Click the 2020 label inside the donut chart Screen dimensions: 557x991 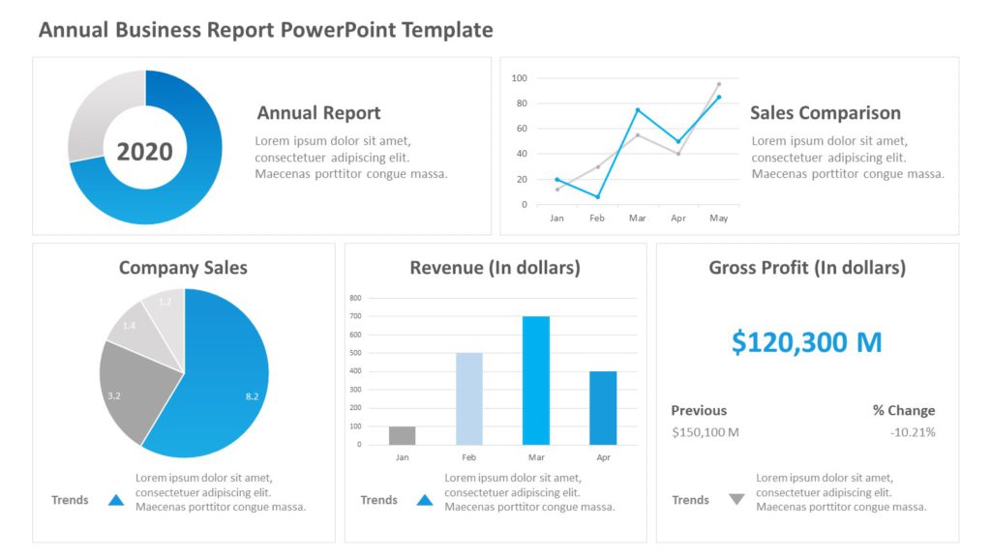(x=144, y=151)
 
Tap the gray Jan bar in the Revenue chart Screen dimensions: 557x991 (x=402, y=435)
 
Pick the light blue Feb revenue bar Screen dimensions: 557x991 (x=469, y=398)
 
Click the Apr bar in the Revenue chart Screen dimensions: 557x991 (x=602, y=407)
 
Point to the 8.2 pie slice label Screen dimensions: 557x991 (x=253, y=396)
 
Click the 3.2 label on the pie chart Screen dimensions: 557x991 (x=114, y=396)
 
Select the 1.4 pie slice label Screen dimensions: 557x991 (x=129, y=326)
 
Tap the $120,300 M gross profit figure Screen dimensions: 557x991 (x=806, y=342)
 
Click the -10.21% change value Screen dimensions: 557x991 (x=913, y=432)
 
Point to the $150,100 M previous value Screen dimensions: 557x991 (x=706, y=432)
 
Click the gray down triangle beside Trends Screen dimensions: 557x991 (x=736, y=500)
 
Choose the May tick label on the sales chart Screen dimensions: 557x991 (x=718, y=219)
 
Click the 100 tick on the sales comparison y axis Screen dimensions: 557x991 (x=519, y=78)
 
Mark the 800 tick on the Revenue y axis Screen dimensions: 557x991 (x=355, y=298)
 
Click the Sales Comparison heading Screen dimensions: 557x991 (x=825, y=113)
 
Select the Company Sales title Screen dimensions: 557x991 (x=183, y=268)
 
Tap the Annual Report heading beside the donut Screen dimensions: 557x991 (x=318, y=113)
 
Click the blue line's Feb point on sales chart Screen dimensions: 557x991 (x=597, y=197)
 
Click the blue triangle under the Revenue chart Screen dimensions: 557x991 (x=424, y=500)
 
